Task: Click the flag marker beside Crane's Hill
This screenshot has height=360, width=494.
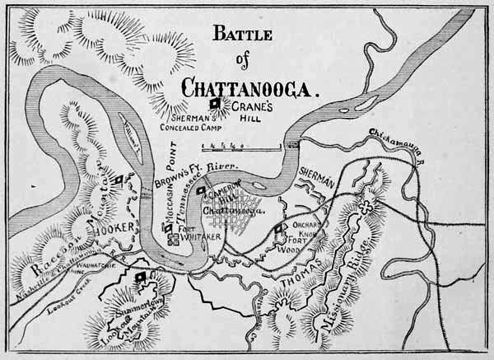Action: [217, 104]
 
